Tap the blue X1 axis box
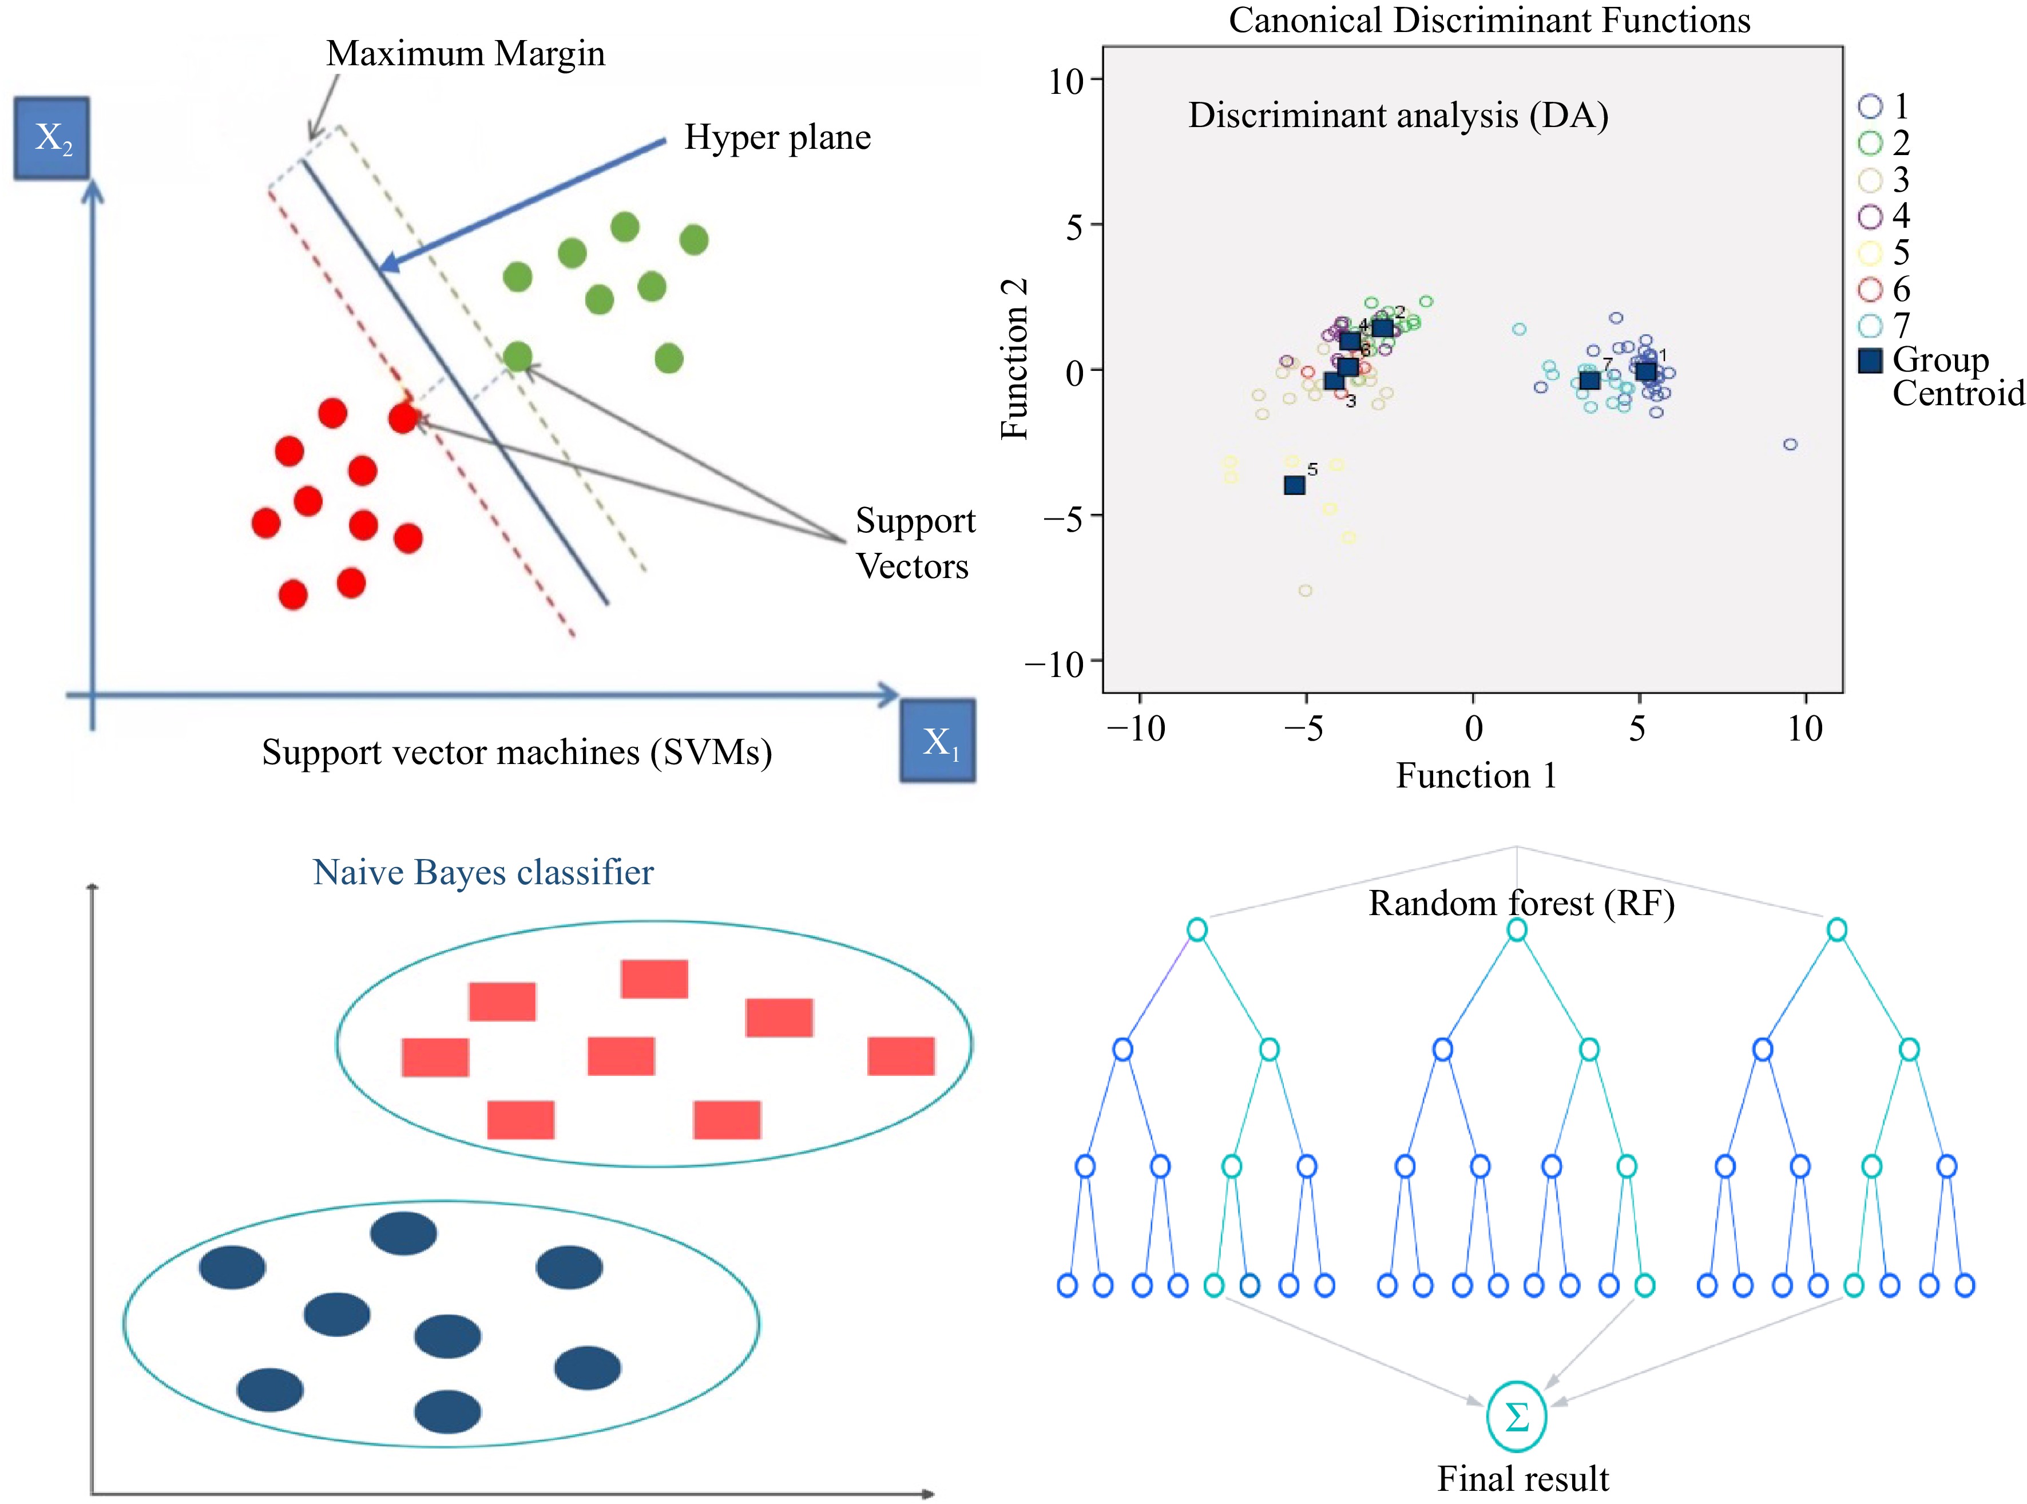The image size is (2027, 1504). click(x=938, y=741)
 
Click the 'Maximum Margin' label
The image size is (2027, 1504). click(x=465, y=54)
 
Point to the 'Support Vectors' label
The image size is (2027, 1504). click(x=915, y=544)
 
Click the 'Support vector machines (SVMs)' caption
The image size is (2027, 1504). click(x=517, y=753)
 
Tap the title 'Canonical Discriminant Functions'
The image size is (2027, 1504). click(x=1489, y=20)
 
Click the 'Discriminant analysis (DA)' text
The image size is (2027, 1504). click(x=1398, y=116)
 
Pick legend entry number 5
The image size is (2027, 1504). click(x=1884, y=253)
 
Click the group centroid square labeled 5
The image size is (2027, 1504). click(x=1294, y=485)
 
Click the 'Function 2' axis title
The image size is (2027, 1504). click(x=1014, y=359)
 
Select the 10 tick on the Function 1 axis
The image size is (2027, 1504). click(x=1805, y=729)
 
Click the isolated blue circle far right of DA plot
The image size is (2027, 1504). click(x=1790, y=444)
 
